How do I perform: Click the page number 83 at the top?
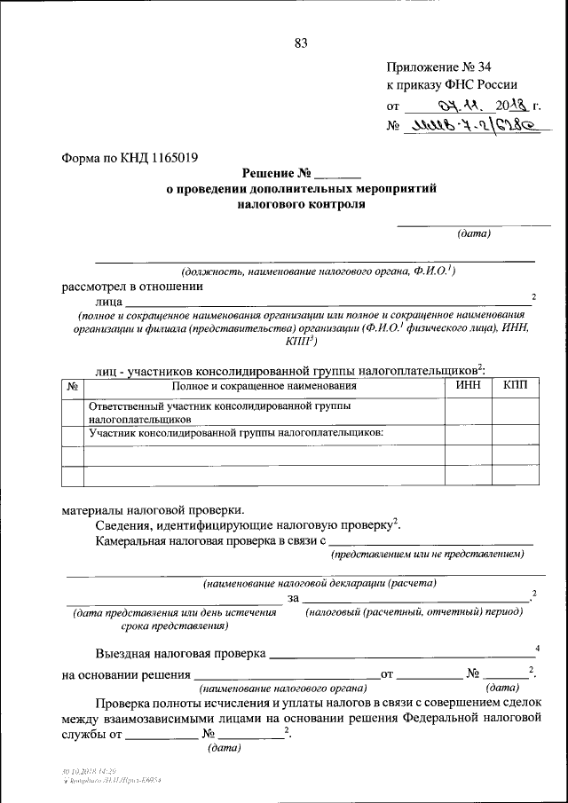pyautogui.click(x=299, y=43)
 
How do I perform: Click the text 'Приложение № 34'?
pyautogui.click(x=438, y=67)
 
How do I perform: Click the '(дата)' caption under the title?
pyautogui.click(x=474, y=233)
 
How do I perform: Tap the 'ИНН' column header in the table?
pyautogui.click(x=468, y=386)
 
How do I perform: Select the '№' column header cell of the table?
pyautogui.click(x=72, y=387)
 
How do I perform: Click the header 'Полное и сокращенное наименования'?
pyautogui.click(x=264, y=386)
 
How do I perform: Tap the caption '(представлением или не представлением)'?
pyautogui.click(x=428, y=555)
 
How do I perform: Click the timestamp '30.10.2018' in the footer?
pyautogui.click(x=71, y=773)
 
